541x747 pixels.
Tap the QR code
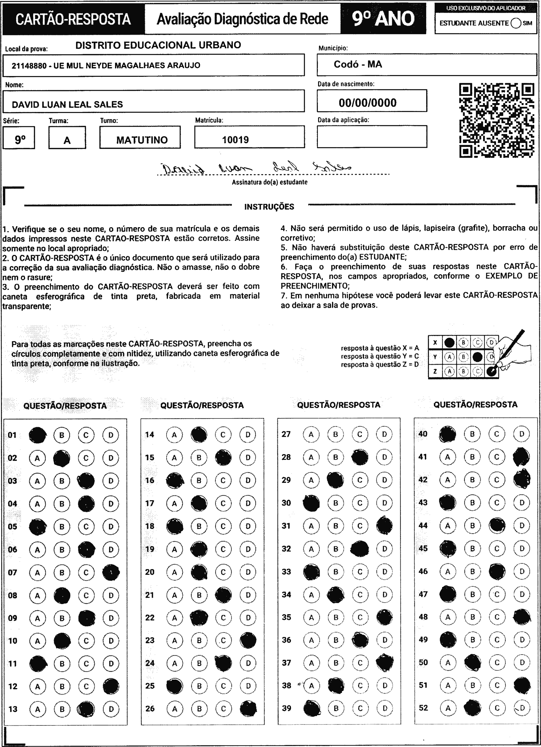[497, 120]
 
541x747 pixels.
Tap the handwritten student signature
[257, 168]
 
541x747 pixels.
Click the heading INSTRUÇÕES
[269, 207]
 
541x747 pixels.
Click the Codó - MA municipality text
[358, 64]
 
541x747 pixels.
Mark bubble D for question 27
[384, 434]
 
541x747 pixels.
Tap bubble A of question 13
[38, 709]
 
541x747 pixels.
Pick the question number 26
[150, 708]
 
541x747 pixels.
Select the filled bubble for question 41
[521, 457]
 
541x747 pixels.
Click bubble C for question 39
[360, 708]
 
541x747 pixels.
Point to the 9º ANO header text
[383, 19]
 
